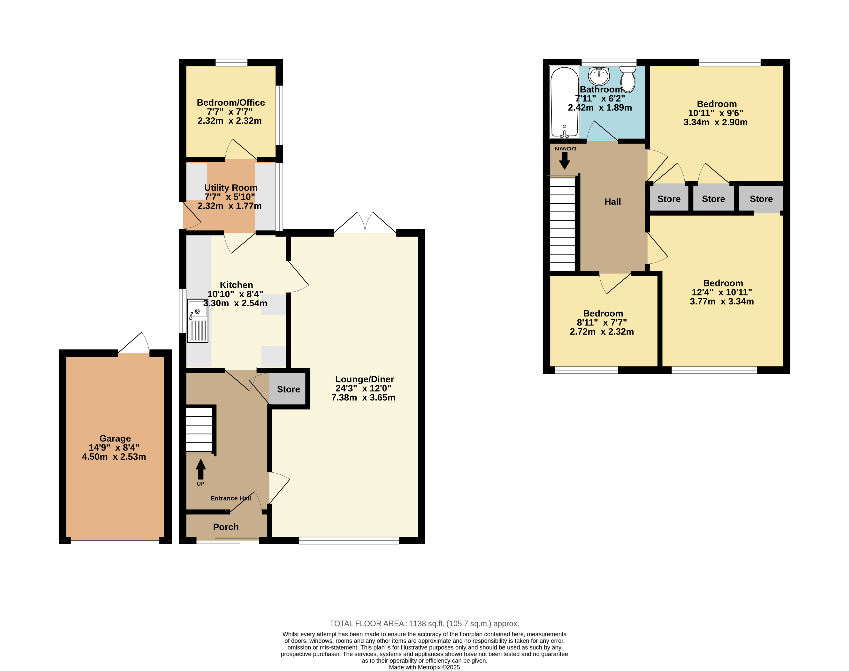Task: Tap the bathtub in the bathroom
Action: pos(564,102)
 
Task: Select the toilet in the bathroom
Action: pos(628,79)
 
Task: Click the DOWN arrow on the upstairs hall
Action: pos(565,160)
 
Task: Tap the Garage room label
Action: pos(115,439)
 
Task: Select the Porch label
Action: pos(226,527)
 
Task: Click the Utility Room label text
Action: pos(231,188)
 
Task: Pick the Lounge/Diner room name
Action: pos(364,379)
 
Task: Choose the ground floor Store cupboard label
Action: pos(288,389)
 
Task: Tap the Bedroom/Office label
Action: pos(231,102)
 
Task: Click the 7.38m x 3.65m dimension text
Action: pos(363,398)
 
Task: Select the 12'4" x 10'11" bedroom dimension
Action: pos(722,292)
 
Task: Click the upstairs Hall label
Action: pos(612,202)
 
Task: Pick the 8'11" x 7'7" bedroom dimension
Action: pos(602,323)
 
